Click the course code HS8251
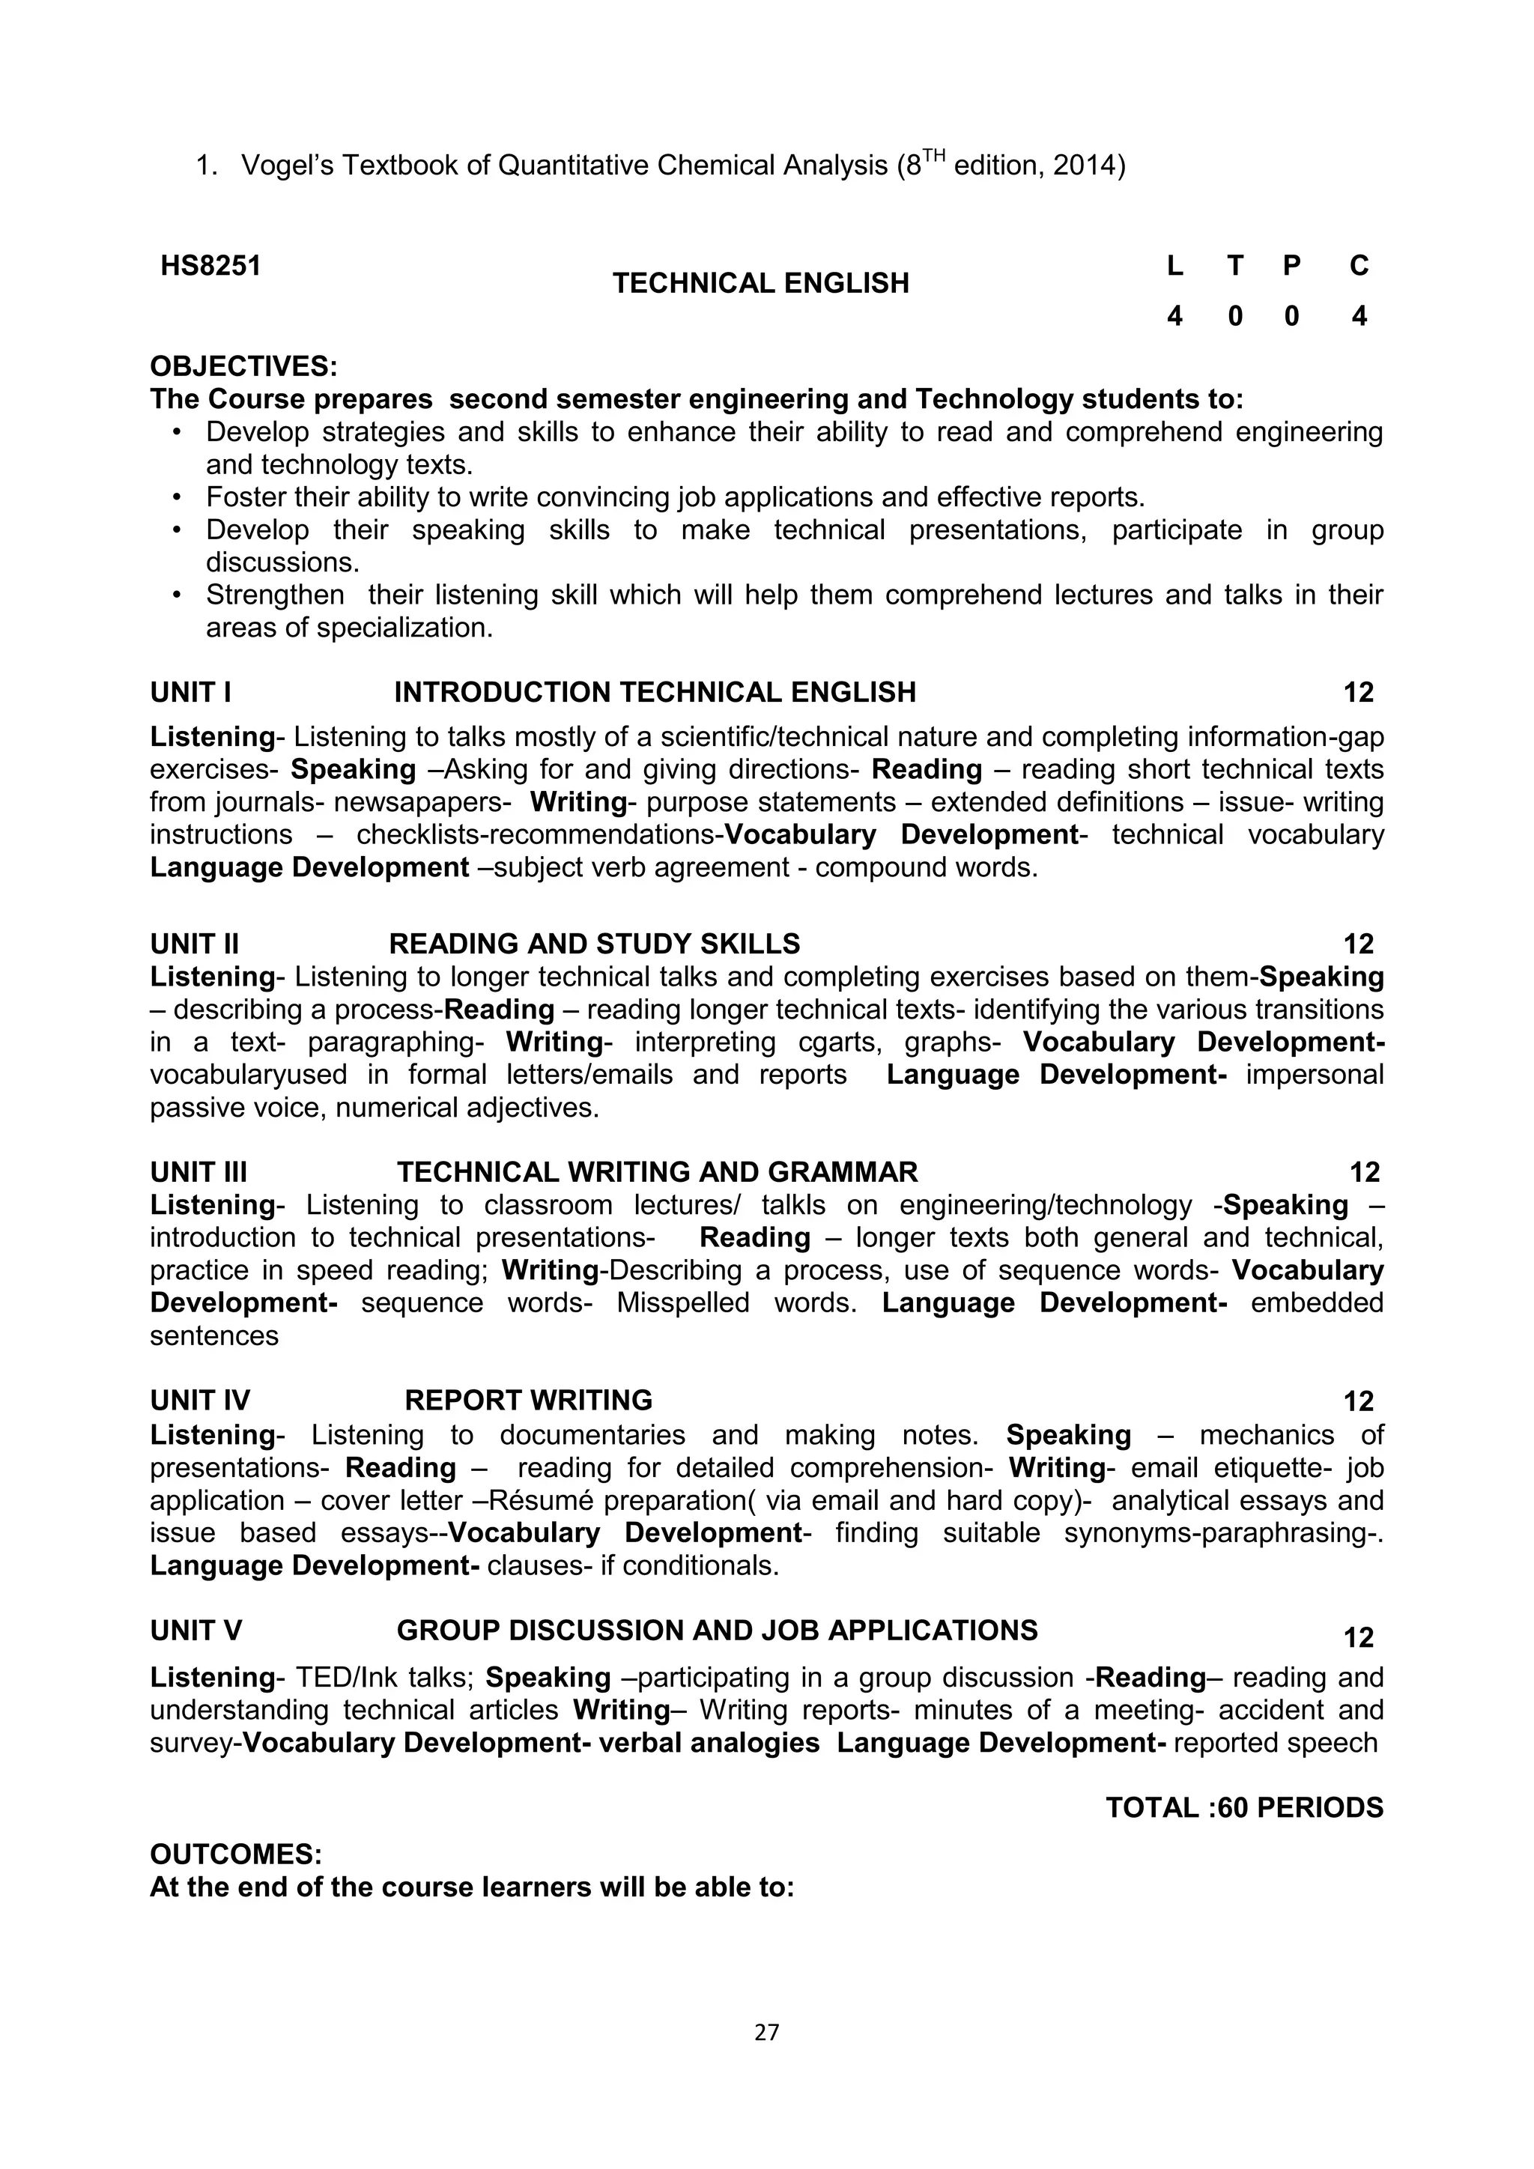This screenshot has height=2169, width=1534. click(210, 267)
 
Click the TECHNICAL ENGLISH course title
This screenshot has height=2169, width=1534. click(760, 283)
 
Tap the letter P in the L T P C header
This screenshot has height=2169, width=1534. click(1291, 267)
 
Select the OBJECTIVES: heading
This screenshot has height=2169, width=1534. click(243, 366)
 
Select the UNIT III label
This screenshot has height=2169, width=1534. click(198, 1172)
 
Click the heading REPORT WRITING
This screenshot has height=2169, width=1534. click(529, 1400)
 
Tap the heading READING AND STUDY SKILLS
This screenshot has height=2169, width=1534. click(594, 944)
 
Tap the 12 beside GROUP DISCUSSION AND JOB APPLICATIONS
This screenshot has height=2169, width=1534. click(1358, 1637)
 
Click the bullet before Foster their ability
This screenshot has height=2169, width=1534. click(177, 498)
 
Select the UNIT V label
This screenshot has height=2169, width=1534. click(195, 1630)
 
